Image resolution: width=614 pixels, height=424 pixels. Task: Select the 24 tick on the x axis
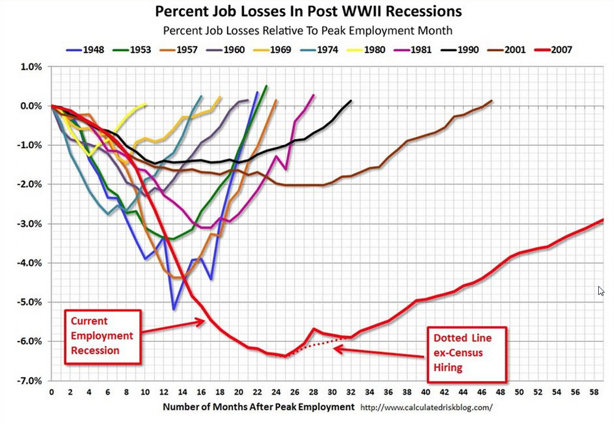[276, 393]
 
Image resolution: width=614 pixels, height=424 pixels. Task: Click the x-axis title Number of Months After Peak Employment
[258, 407]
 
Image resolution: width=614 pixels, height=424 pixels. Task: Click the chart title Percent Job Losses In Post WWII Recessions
[307, 12]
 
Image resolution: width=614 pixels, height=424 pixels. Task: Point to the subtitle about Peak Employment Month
[307, 30]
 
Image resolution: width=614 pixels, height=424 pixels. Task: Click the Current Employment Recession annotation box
[102, 336]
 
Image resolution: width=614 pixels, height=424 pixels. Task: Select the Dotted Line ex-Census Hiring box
[467, 352]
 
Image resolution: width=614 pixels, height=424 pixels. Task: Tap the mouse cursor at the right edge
[601, 291]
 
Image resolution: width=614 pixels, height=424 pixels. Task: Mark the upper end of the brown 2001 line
[491, 100]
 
